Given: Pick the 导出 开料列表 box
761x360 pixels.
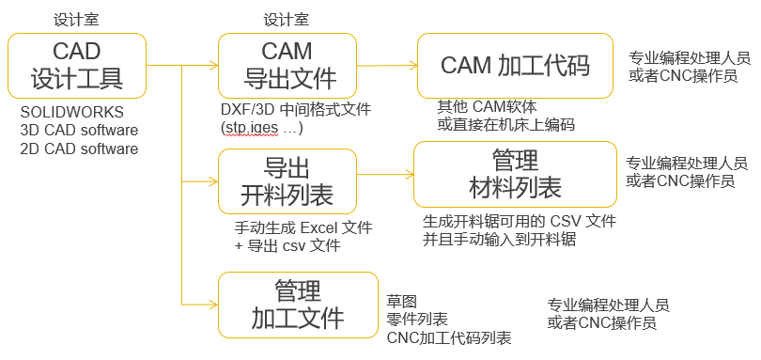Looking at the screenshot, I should pos(287,181).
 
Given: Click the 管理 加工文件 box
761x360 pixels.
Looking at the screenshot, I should pos(296,305).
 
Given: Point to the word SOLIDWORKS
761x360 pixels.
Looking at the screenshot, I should pos(72,112).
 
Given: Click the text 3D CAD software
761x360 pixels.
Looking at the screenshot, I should pos(79,130).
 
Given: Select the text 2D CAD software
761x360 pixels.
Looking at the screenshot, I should pos(79,149).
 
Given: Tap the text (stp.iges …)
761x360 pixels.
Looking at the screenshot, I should pos(261,127).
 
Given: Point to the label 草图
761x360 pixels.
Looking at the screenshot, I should pos(402,300).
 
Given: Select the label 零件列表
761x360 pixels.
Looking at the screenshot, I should pos(417,319).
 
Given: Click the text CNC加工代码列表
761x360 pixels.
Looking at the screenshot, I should pos(449,337).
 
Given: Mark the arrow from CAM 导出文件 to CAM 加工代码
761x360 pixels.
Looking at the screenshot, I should pos(388,65).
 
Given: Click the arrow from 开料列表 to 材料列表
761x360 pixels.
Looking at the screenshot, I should pos(385,174).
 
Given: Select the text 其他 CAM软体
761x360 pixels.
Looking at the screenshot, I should pos(487,106).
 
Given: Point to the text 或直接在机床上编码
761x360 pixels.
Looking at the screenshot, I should pos(506,124).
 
